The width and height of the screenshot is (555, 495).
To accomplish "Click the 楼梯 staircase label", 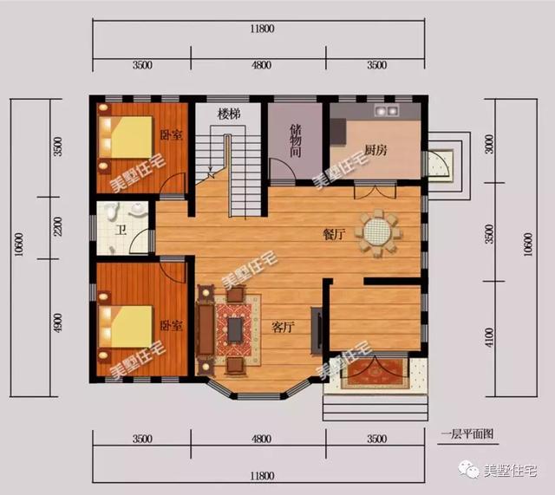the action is pyautogui.click(x=229, y=114).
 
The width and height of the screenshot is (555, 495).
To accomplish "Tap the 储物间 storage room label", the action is pyautogui.click(x=296, y=140).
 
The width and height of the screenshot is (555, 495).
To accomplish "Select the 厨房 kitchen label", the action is pyautogui.click(x=375, y=150).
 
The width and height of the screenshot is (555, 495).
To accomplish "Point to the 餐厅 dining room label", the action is pyautogui.click(x=334, y=234).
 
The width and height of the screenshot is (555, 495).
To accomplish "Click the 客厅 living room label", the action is pyautogui.click(x=283, y=327).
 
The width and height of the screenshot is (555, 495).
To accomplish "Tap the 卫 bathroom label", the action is pyautogui.click(x=121, y=231).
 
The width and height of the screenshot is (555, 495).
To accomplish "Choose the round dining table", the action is pyautogui.click(x=377, y=232).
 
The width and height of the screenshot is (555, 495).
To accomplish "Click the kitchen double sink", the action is pyautogui.click(x=387, y=111).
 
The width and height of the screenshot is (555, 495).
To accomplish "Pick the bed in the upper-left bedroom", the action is pyautogui.click(x=126, y=137).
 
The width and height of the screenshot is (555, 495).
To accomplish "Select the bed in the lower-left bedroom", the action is pyautogui.click(x=126, y=327).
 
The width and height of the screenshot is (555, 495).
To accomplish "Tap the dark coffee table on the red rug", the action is pyautogui.click(x=235, y=329).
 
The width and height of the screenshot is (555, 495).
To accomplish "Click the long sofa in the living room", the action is pyautogui.click(x=206, y=329).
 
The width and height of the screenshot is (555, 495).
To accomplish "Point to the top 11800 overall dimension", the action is pyautogui.click(x=262, y=29).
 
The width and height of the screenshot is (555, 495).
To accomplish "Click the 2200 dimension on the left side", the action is pyautogui.click(x=57, y=226).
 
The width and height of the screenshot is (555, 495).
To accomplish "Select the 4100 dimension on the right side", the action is pyautogui.click(x=489, y=337).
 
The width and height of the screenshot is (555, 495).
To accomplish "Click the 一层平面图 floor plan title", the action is pyautogui.click(x=467, y=434).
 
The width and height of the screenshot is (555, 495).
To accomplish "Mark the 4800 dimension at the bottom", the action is pyautogui.click(x=262, y=439).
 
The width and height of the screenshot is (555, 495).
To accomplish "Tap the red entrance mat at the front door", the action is pyautogui.click(x=375, y=373).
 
